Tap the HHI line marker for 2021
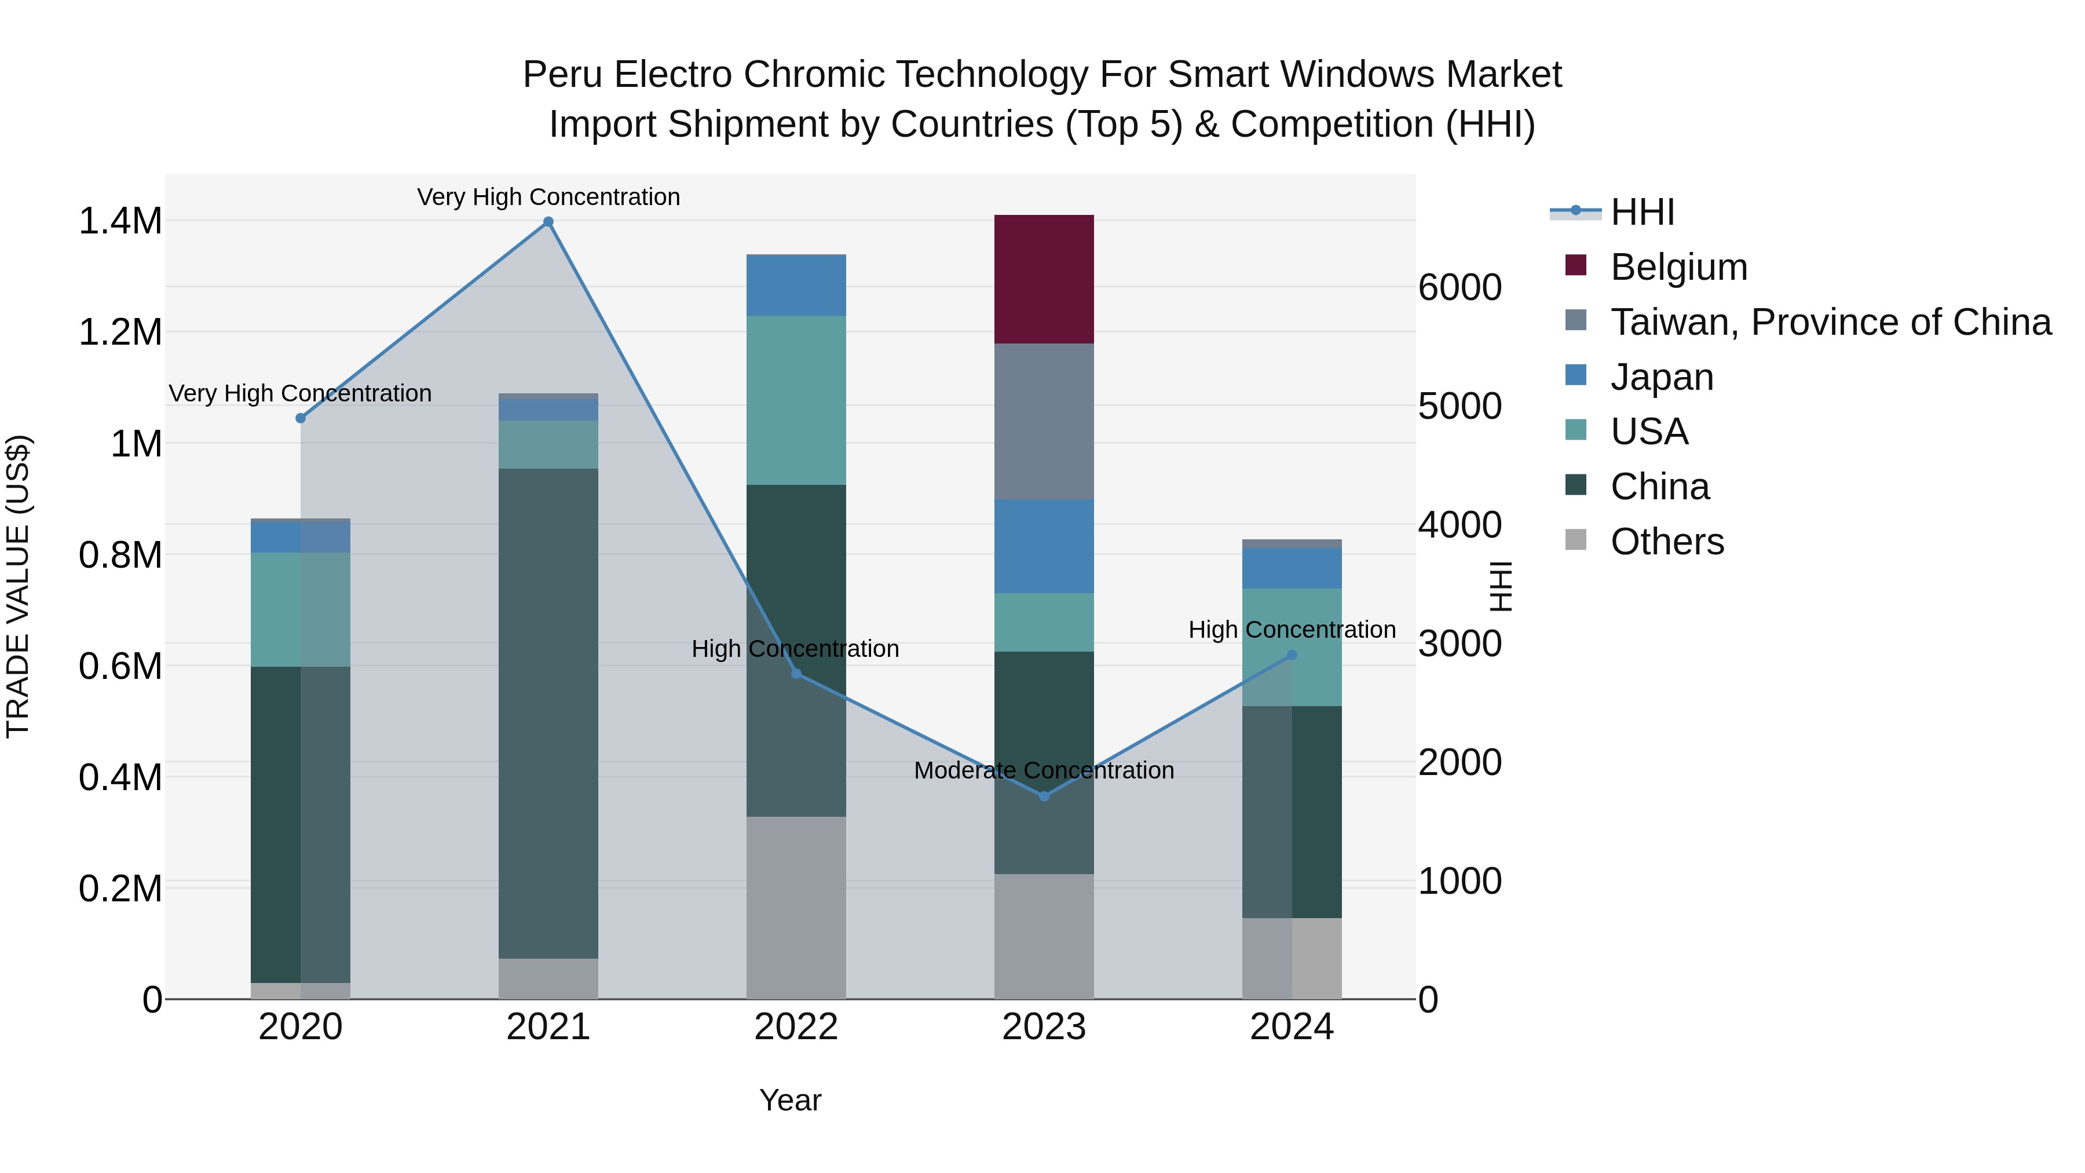[548, 222]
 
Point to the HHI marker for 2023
[1044, 796]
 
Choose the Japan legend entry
[1661, 377]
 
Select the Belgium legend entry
[1678, 267]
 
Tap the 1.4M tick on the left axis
[120, 221]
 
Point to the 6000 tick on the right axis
[1460, 287]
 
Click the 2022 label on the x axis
[796, 1027]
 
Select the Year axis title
[790, 1100]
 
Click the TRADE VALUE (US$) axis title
[18, 586]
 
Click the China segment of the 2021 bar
[548, 712]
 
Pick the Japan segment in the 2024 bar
[1292, 568]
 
